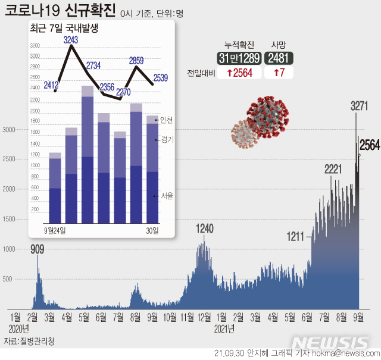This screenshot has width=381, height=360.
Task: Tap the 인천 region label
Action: pyautogui.click(x=166, y=120)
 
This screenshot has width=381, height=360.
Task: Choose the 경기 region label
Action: pyautogui.click(x=166, y=140)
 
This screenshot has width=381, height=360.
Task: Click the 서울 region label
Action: pyautogui.click(x=166, y=196)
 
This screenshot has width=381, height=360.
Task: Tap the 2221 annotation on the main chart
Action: pyautogui.click(x=333, y=170)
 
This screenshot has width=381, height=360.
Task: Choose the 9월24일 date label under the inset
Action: pyautogui.click(x=55, y=230)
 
